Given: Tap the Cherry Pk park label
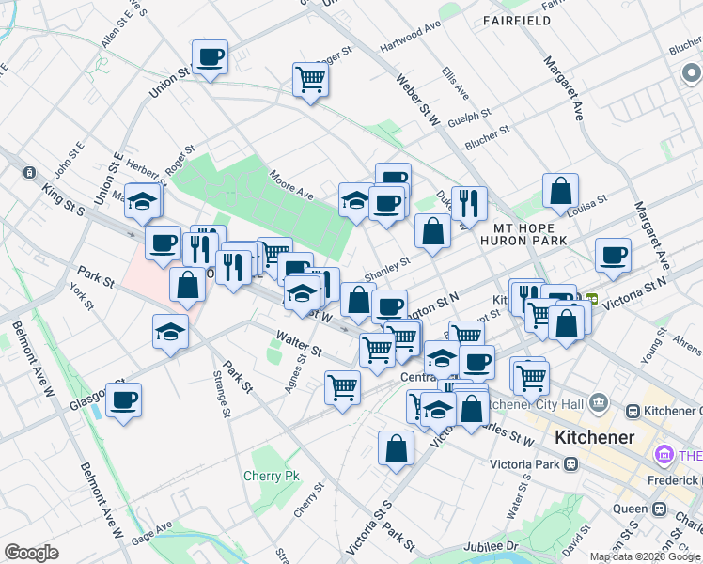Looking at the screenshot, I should pos(271,476).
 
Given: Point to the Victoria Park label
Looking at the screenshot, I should pos(523,464).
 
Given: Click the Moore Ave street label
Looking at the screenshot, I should pos(290,184).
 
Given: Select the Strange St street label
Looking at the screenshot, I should pos(222,398).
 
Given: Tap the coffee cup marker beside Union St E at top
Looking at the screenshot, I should pos(210,57).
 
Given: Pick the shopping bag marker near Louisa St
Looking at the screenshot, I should pos(560,191).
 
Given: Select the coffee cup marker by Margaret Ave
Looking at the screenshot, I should pos(613,256).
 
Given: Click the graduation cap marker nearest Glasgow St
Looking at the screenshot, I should pos(170,332).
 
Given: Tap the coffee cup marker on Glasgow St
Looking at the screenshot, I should pos(123,400).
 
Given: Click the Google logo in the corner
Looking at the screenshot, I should pos(31,553).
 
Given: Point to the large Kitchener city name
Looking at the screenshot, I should pos(594,437).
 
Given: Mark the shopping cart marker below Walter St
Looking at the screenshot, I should pos(342,387).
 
